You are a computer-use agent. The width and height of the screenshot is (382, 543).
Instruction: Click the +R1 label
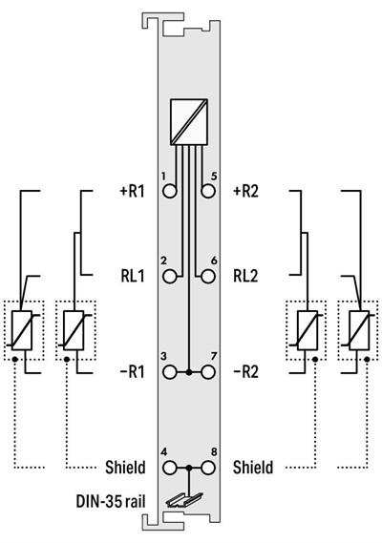(x=130, y=190)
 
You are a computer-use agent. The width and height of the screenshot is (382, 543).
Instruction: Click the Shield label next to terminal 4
(x=125, y=468)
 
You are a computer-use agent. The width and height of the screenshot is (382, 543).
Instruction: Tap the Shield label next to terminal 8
(x=253, y=468)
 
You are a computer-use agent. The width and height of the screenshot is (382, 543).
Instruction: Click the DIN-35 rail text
(x=109, y=499)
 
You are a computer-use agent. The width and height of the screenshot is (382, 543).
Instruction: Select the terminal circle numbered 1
(x=171, y=190)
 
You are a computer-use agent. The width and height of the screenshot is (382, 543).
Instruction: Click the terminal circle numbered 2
(x=171, y=278)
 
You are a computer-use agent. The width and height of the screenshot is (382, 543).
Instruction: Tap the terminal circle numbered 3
(x=171, y=370)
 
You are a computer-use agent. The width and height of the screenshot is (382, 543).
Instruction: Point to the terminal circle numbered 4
(x=171, y=468)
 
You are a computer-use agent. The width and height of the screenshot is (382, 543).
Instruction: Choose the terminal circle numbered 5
(x=209, y=190)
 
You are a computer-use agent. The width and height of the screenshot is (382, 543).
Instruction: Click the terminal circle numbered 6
(x=209, y=278)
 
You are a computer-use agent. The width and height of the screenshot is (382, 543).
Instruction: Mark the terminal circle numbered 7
(x=209, y=370)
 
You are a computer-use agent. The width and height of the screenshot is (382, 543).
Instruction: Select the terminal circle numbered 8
(x=209, y=468)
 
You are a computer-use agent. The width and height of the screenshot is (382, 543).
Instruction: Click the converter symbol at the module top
(x=191, y=121)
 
